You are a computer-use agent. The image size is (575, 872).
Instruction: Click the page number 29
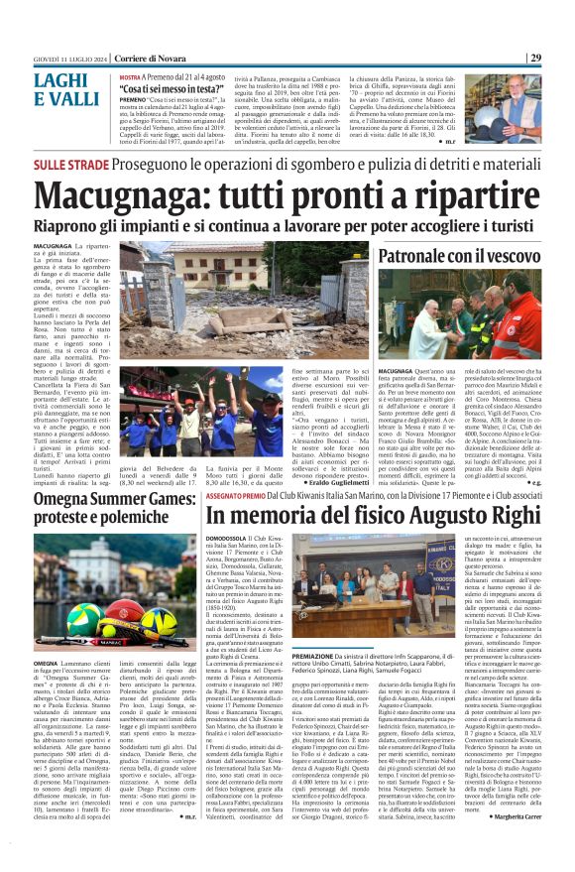coord(562,58)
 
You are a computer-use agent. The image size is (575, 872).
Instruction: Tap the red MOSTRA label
coord(131,75)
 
